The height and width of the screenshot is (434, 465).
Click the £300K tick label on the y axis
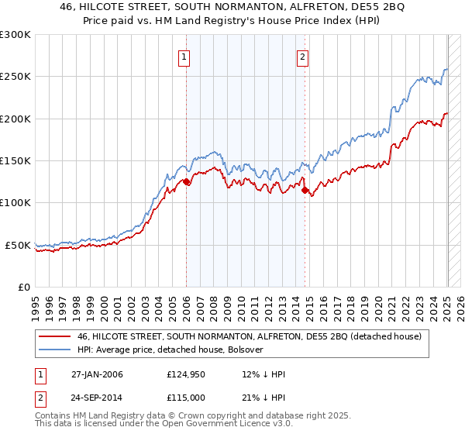point(15,35)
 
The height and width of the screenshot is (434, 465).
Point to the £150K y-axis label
point(15,161)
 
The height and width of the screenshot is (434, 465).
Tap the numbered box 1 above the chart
point(185,57)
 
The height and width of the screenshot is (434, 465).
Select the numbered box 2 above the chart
point(301,57)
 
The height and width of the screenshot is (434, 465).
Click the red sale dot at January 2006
point(187,182)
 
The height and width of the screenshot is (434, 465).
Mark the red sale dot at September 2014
point(305,190)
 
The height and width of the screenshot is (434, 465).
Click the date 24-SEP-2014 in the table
point(98,397)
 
